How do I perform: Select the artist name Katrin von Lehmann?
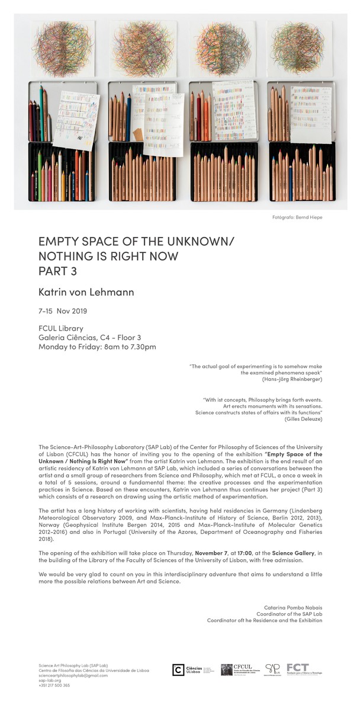tap(86, 292)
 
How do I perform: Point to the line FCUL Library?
tap(60, 328)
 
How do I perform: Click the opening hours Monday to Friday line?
tap(97, 347)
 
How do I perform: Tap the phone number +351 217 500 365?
tap(54, 685)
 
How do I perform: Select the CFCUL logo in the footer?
tap(239, 670)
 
